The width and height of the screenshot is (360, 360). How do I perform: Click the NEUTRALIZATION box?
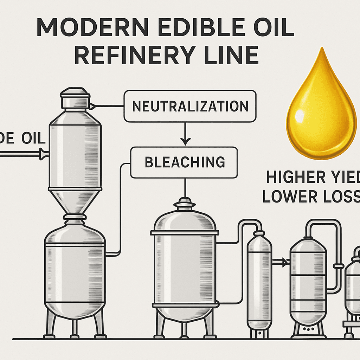(x=190, y=106)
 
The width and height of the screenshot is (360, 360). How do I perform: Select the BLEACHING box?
(x=184, y=162)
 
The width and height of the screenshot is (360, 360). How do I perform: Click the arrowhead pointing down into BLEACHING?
(x=185, y=141)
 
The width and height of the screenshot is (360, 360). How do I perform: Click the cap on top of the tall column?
(x=74, y=98)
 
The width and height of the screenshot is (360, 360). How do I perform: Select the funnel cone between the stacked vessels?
(x=74, y=202)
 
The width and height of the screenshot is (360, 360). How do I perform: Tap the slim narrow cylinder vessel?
(x=259, y=278)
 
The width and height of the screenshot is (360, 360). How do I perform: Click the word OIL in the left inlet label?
(x=33, y=139)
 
